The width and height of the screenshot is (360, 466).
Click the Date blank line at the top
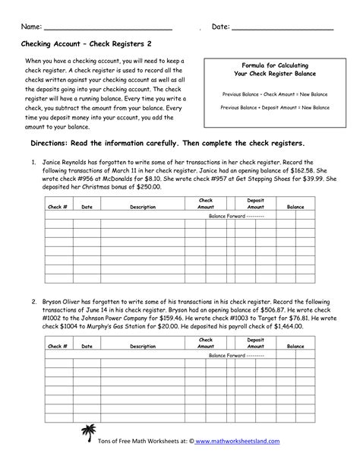(x=282, y=28)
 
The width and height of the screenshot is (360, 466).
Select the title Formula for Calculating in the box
(x=275, y=66)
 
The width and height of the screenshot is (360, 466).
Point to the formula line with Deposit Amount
(x=275, y=109)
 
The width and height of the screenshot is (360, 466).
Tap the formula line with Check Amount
(x=275, y=95)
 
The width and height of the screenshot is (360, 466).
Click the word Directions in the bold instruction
(x=54, y=143)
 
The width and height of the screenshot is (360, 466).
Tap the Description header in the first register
(x=142, y=207)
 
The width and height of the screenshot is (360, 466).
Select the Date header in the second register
(x=87, y=346)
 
